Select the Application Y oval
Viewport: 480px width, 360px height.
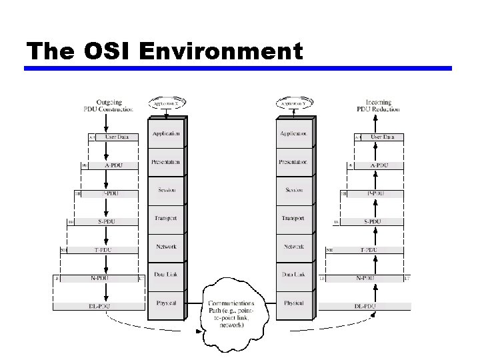[294, 103]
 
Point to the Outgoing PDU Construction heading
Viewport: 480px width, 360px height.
[108, 105]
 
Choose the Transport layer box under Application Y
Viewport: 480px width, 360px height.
[294, 219]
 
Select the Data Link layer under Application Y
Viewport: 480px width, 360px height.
[294, 275]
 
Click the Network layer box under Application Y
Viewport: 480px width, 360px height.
[294, 247]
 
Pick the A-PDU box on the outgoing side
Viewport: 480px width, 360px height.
[114, 165]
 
